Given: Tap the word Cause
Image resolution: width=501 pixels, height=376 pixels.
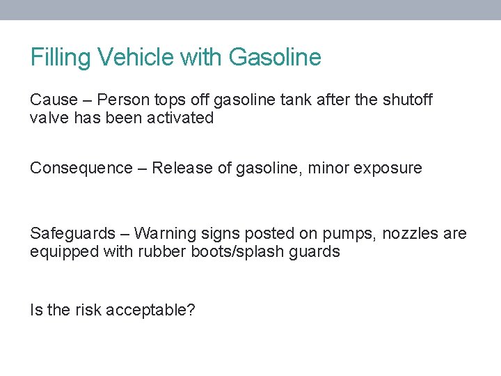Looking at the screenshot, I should coord(53,100).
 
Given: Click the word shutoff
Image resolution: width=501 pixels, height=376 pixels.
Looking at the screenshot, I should coord(406,100).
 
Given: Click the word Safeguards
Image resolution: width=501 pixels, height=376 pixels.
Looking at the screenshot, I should coord(72,234).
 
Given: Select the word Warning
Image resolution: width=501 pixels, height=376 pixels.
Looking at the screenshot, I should coord(161,234).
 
